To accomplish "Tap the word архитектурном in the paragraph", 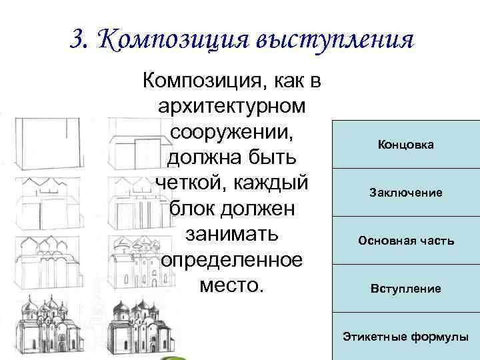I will pos(230,107).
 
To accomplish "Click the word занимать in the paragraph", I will pos(230,236).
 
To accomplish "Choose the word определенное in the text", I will pos(230,261).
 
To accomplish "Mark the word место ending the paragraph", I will pos(230,287).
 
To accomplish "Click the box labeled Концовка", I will pos(405,145).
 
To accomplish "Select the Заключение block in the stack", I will pos(405,193).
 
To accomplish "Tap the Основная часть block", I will pos(405,240).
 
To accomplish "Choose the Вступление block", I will pos(405,289).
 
